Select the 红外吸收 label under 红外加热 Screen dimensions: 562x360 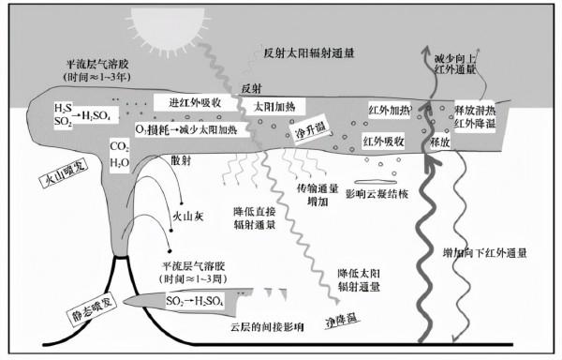pos(383,142)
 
